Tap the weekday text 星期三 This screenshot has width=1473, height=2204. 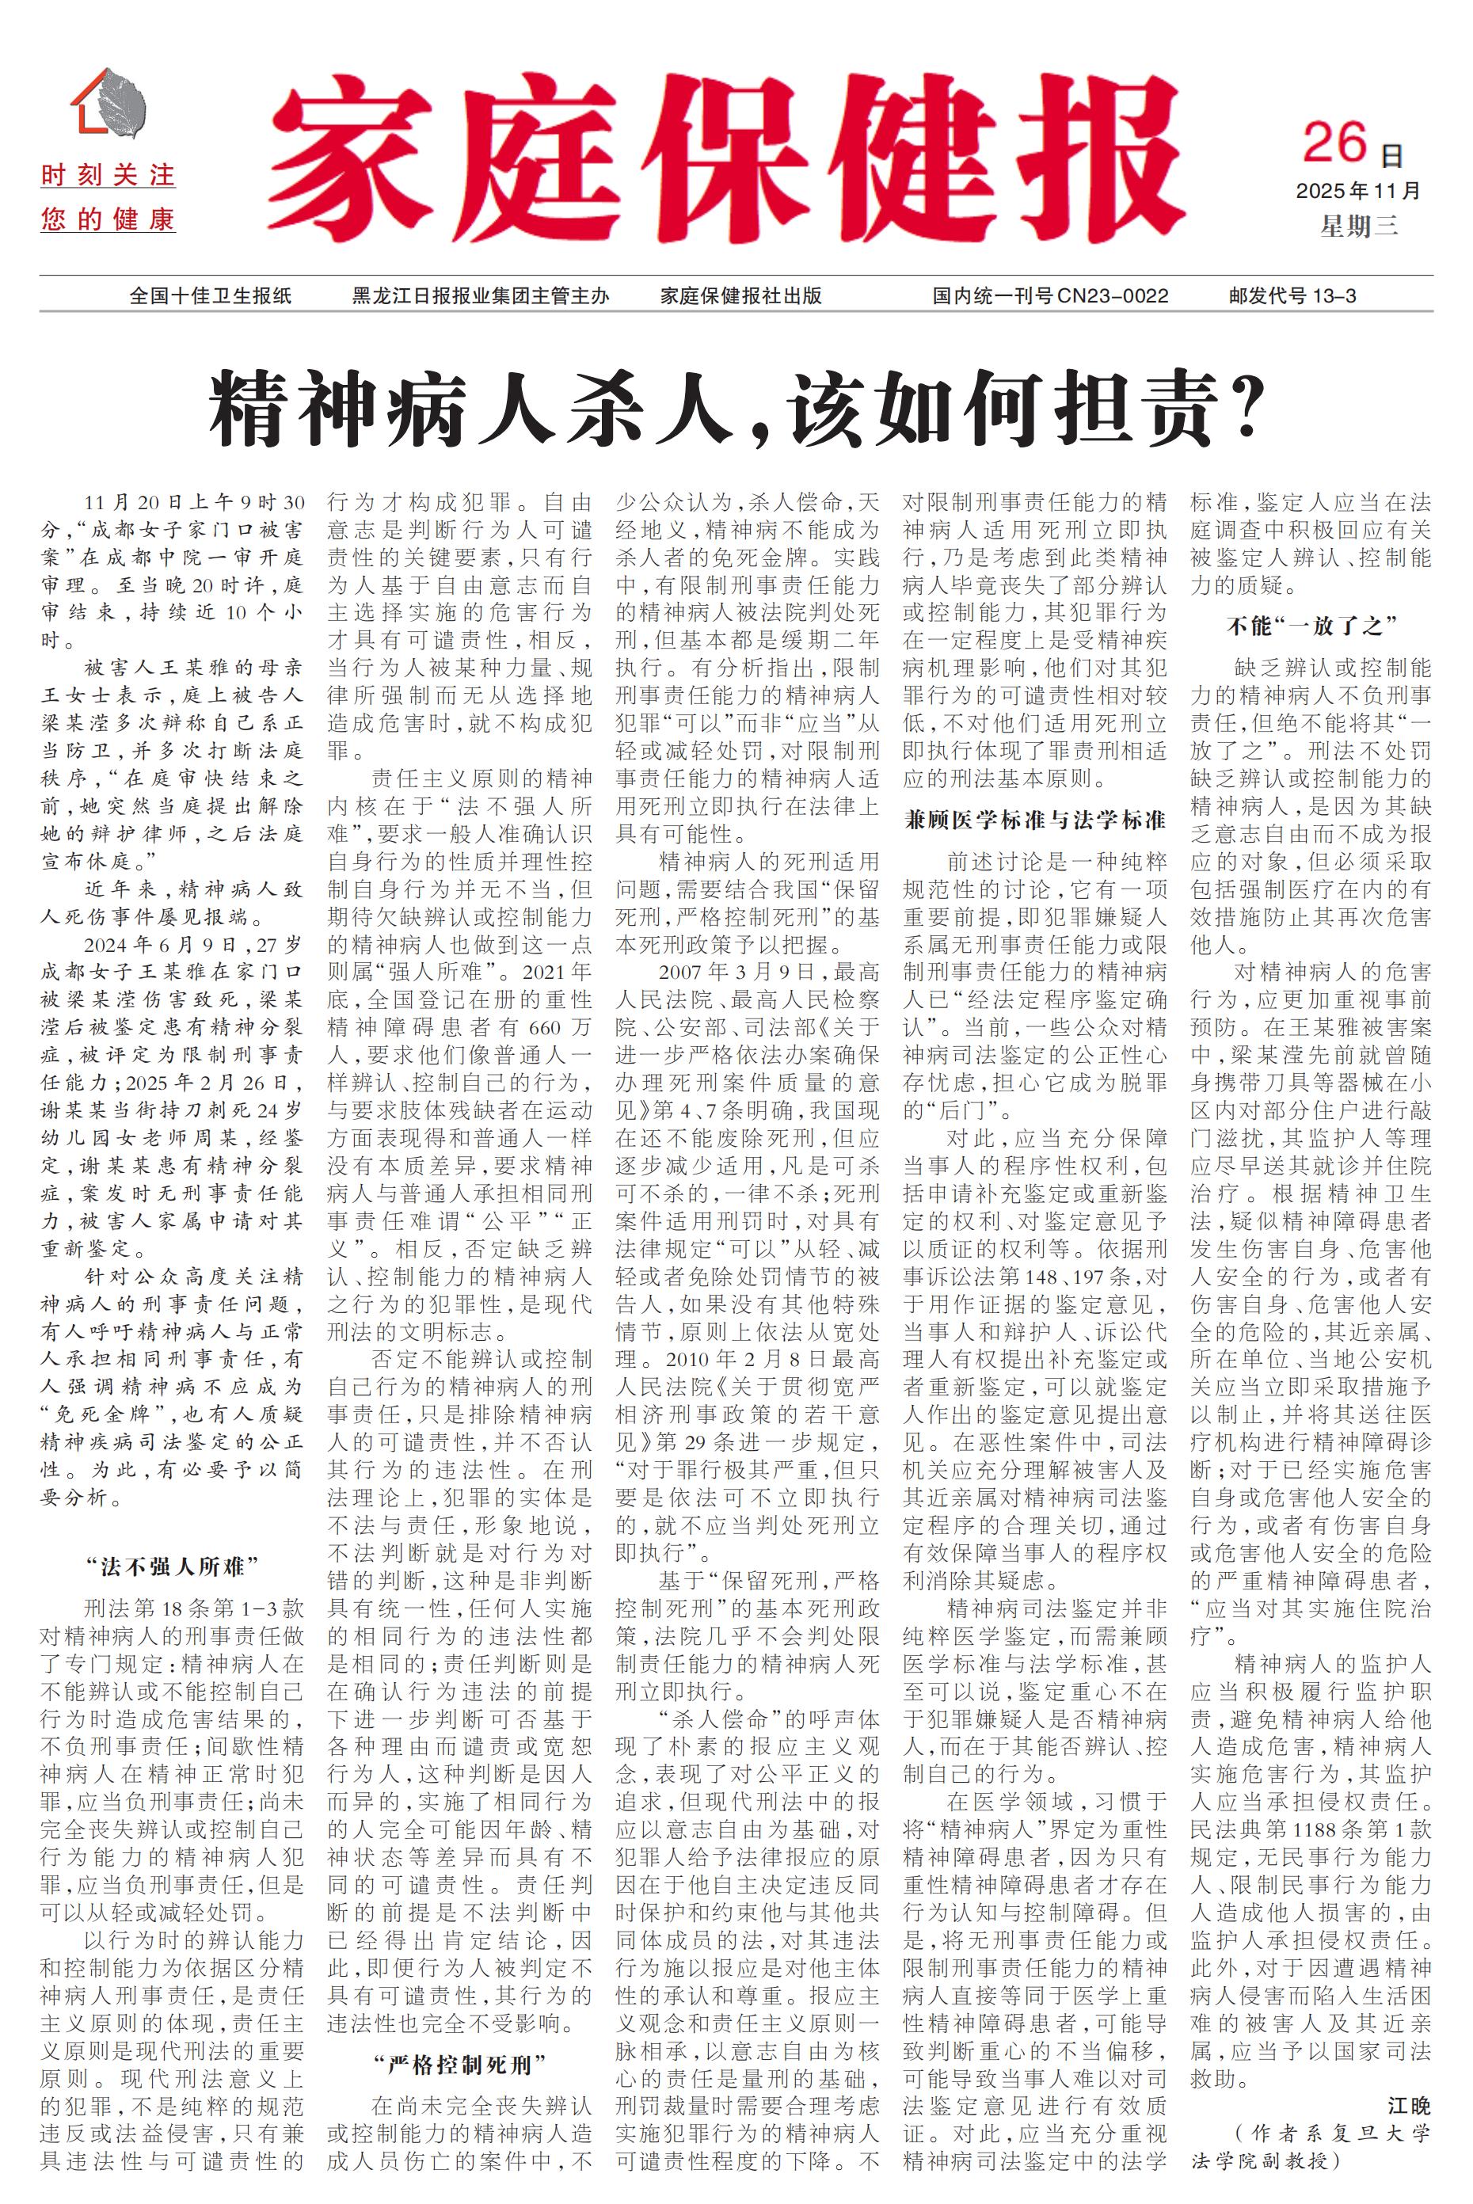click(1358, 226)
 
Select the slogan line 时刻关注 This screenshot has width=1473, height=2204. click(108, 176)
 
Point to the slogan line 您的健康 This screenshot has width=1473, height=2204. click(108, 220)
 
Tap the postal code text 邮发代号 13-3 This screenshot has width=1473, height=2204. click(1292, 296)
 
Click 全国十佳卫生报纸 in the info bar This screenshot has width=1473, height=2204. click(211, 296)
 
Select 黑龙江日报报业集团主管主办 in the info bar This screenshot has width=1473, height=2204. click(480, 296)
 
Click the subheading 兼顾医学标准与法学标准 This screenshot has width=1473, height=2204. click(1034, 819)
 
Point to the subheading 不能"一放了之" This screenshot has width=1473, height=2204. click(1311, 626)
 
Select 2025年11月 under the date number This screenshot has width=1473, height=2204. click(1358, 191)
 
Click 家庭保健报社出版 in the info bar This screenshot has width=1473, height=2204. click(740, 296)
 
